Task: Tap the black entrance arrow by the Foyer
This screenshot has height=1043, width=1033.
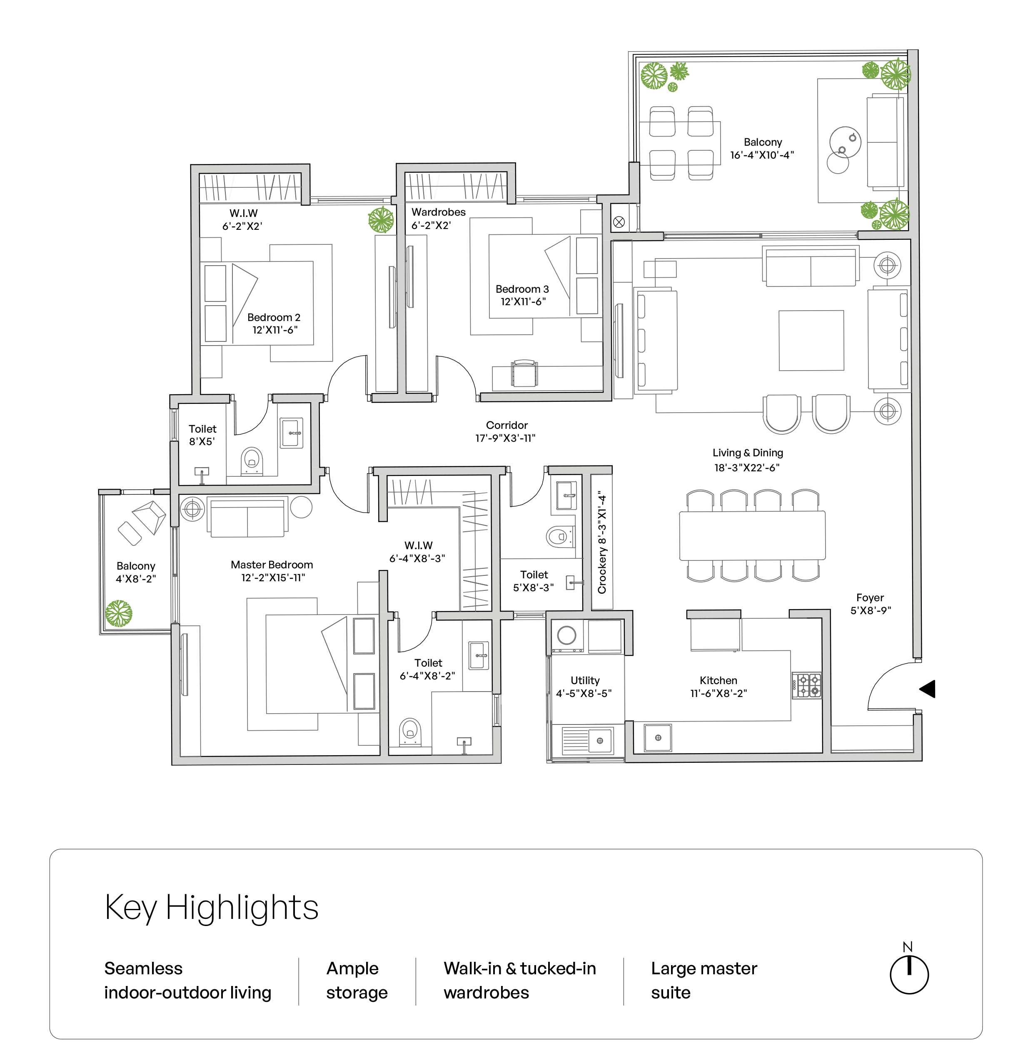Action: (x=927, y=689)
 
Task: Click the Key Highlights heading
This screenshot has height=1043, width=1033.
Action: (x=211, y=908)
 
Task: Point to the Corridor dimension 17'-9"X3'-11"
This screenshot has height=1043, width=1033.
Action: (x=505, y=438)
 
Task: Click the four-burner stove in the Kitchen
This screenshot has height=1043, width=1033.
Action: (x=807, y=686)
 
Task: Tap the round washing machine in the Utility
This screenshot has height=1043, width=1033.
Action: (x=566, y=635)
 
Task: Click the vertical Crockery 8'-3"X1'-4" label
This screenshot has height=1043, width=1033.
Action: (x=602, y=542)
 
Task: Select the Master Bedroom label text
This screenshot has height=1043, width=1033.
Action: (x=272, y=565)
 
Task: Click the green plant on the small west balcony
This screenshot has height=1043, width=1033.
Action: (x=118, y=613)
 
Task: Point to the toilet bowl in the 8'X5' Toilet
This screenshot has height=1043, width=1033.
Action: (x=251, y=460)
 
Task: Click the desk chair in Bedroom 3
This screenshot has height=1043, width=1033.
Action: (x=524, y=373)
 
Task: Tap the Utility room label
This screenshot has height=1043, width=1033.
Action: (x=585, y=680)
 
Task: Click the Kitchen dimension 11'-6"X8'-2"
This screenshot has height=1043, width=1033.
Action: (x=718, y=694)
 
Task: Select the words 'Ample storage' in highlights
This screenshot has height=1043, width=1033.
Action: (x=357, y=981)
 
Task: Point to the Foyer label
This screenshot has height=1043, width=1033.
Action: (x=870, y=597)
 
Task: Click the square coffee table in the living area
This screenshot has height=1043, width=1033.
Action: (x=811, y=340)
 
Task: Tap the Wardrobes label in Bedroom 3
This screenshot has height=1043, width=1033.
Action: (x=439, y=212)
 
